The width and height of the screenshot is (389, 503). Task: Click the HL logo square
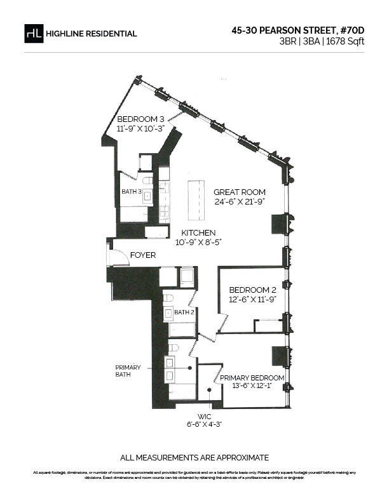[x=34, y=34]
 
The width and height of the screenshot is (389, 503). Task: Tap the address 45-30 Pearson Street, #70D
[x=298, y=30]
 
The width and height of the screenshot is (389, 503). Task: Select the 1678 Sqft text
[x=345, y=42]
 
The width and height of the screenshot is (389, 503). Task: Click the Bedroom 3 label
[x=140, y=119]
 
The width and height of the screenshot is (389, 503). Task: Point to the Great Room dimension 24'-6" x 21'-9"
[x=240, y=202]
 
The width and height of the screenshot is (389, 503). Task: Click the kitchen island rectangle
[x=196, y=200]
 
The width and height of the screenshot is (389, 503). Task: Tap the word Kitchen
[x=198, y=232]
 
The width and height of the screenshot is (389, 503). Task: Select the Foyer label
[x=143, y=255]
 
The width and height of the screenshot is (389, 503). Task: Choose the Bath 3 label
[x=132, y=192]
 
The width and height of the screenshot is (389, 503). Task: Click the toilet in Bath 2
[x=168, y=298]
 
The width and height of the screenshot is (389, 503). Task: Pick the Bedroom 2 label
[x=252, y=290]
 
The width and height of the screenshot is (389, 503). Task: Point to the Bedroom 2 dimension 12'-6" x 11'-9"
[x=252, y=300]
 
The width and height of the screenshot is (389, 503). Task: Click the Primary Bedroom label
[x=252, y=378]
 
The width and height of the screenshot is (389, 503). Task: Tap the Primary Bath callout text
[x=128, y=371]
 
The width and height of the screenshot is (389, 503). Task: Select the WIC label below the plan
[x=204, y=417]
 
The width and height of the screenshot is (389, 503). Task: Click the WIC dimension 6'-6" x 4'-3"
[x=205, y=424]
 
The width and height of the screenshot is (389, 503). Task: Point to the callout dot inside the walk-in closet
[x=209, y=390]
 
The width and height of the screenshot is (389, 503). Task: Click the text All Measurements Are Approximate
[x=194, y=457]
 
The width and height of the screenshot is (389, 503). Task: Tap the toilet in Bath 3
[x=147, y=181]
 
